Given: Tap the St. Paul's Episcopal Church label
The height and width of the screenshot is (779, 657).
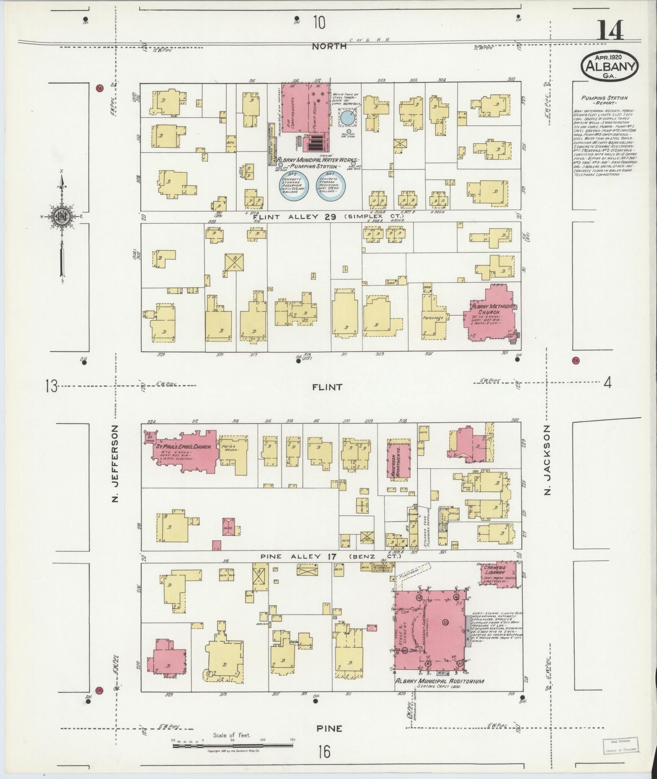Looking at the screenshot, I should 184,447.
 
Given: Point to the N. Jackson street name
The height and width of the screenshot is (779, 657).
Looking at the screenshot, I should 547,460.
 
